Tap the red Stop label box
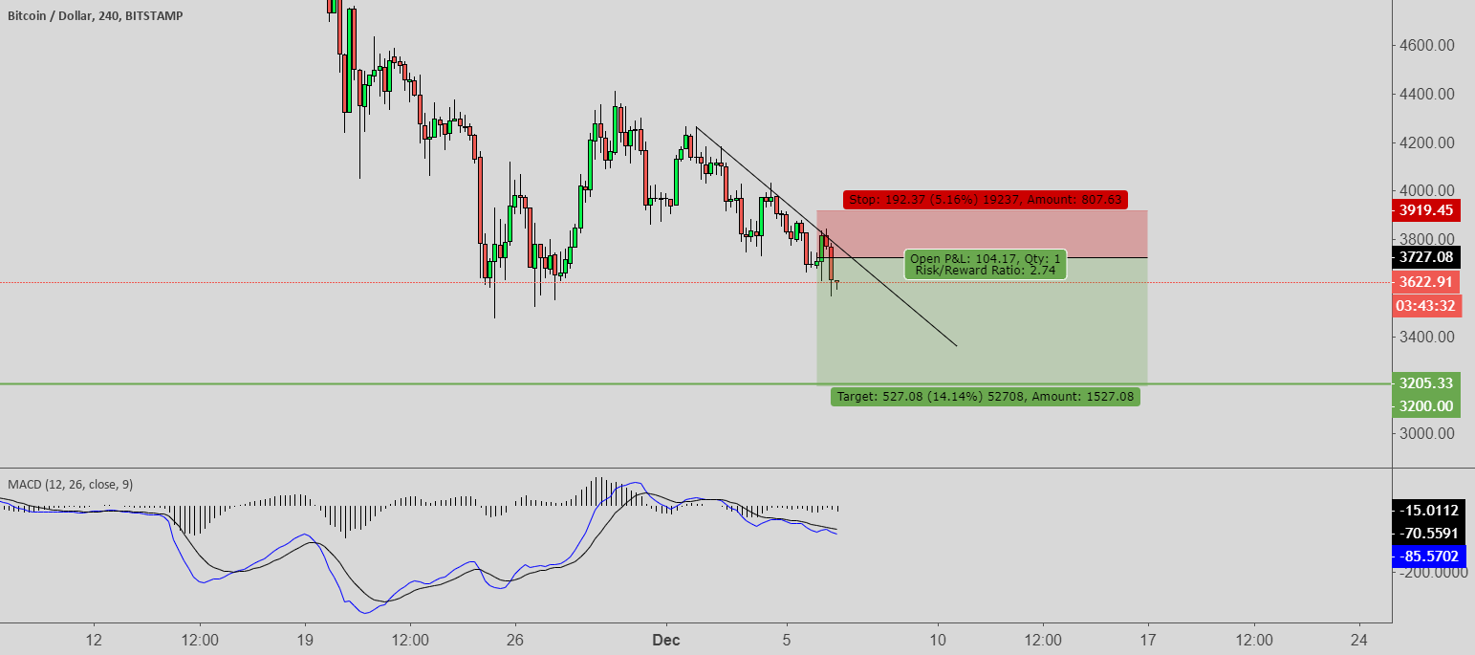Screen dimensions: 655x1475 point(985,200)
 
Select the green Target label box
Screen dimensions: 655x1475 point(985,396)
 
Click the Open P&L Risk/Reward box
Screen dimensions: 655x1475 point(985,265)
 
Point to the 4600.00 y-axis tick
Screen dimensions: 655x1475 point(1426,45)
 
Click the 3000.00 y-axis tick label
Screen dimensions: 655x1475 point(1426,433)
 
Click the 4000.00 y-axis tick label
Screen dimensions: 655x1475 point(1426,190)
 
